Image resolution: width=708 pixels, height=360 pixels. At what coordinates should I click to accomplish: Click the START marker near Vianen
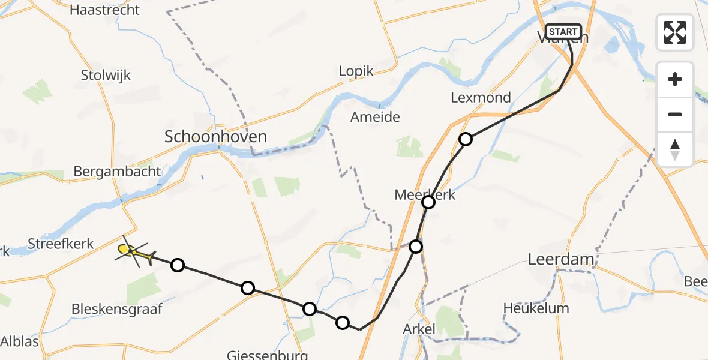pyautogui.click(x=563, y=32)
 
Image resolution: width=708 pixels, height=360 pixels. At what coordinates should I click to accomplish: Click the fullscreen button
pyautogui.click(x=675, y=32)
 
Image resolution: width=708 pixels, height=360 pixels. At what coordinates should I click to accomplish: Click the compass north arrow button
pyautogui.click(x=675, y=149)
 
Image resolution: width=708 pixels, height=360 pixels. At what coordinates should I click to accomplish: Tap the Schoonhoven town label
pyautogui.click(x=215, y=137)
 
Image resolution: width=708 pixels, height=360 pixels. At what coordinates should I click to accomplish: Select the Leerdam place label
pyautogui.click(x=561, y=259)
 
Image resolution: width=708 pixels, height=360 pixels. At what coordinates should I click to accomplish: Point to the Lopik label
pyautogui.click(x=356, y=71)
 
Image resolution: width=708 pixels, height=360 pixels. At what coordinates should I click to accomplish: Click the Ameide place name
pyautogui.click(x=375, y=117)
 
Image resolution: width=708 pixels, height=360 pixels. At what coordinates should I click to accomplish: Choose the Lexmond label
pyautogui.click(x=481, y=97)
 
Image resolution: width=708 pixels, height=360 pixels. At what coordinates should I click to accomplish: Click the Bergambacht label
pyautogui.click(x=117, y=172)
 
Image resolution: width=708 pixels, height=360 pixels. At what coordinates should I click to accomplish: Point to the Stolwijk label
pyautogui.click(x=106, y=76)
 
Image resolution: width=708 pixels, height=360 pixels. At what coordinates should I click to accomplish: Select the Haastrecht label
pyautogui.click(x=104, y=10)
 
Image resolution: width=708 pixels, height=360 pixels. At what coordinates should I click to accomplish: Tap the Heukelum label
pyautogui.click(x=536, y=308)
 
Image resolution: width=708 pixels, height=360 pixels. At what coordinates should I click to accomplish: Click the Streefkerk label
pyautogui.click(x=61, y=244)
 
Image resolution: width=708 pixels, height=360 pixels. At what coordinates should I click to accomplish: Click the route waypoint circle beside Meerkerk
pyautogui.click(x=428, y=202)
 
